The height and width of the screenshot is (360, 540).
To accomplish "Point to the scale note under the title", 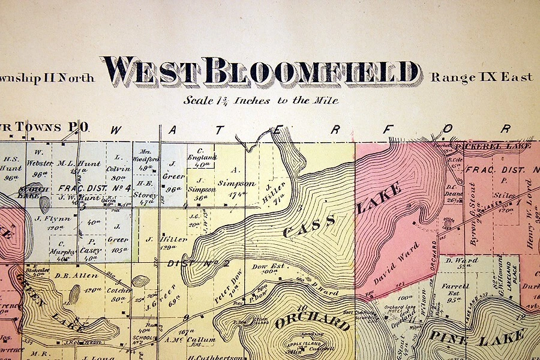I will point(261,100).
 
